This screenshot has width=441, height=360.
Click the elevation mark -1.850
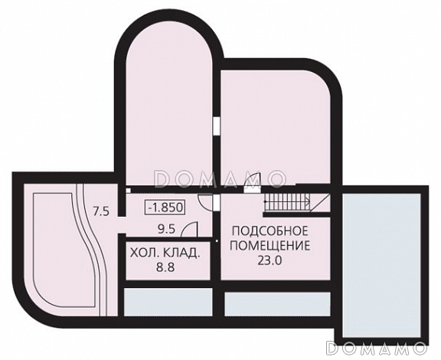[165, 208]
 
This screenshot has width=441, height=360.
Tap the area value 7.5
[101, 211]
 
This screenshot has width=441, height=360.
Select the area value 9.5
[166, 230]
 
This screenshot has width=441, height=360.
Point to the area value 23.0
[269, 260]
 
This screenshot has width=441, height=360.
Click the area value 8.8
[165, 267]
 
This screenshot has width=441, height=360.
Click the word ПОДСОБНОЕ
[270, 231]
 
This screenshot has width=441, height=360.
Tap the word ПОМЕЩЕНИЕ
[270, 246]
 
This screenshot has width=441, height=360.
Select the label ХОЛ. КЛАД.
[165, 253]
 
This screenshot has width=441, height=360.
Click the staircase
[287, 201]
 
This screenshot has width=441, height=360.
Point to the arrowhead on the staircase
[309, 201]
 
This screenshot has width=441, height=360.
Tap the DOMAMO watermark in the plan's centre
[220, 179]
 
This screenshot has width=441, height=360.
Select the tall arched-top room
[168, 110]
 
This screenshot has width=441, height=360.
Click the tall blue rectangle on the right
[381, 266]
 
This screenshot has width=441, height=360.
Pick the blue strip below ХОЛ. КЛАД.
[168, 302]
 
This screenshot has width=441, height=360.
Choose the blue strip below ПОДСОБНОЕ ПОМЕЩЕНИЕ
[277, 304]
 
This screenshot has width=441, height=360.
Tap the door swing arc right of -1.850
[205, 202]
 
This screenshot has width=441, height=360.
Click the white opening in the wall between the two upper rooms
[217, 126]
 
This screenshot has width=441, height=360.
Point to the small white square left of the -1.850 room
[129, 191]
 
